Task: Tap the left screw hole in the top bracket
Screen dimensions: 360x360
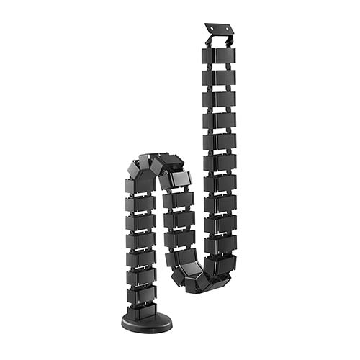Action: (212, 29)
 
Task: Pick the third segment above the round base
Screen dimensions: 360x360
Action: (141, 276)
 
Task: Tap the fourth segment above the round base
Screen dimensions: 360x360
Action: (141, 258)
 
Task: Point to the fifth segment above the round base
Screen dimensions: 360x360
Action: (141, 240)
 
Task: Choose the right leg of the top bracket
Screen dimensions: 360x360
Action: (231, 40)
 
